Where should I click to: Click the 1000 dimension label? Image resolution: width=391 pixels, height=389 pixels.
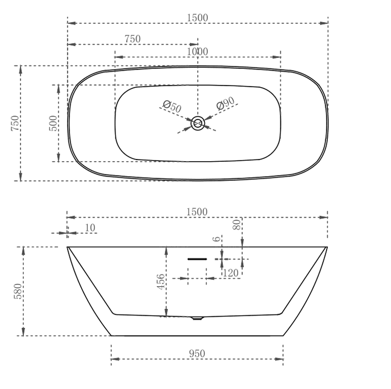pyautogui.click(x=198, y=52)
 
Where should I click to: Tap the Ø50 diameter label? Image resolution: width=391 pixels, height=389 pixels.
pyautogui.click(x=172, y=106)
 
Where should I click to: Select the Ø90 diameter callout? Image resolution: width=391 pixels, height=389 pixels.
pyautogui.click(x=225, y=103)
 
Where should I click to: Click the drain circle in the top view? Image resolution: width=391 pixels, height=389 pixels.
pyautogui.click(x=198, y=123)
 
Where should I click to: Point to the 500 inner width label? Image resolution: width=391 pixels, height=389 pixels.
pyautogui.click(x=53, y=123)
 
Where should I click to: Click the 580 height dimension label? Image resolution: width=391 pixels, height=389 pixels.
pyautogui.click(x=18, y=291)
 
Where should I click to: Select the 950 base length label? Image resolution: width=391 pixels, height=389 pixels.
pyautogui.click(x=197, y=353)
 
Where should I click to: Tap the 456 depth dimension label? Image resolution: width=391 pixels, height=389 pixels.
pyautogui.click(x=161, y=282)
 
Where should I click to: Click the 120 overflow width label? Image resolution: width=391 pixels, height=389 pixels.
pyautogui.click(x=230, y=273)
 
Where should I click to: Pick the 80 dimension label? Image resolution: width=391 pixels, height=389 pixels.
pyautogui.click(x=237, y=225)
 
